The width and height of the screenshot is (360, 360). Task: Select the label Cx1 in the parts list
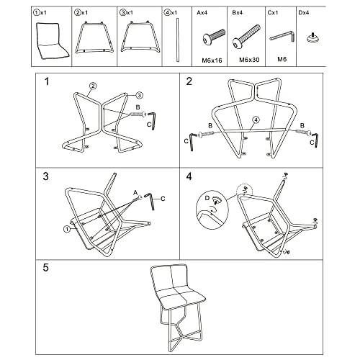pyautogui.click(x=275, y=12)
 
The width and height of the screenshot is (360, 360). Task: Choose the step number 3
pyautogui.click(x=46, y=176)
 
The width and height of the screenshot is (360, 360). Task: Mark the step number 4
pyautogui.click(x=189, y=176)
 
